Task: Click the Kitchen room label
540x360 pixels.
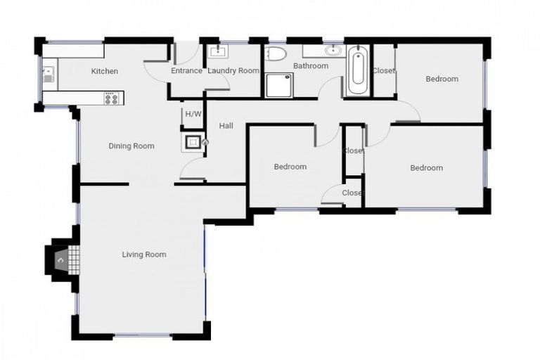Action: tap(104, 71)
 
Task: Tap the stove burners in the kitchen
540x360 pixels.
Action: tap(111, 98)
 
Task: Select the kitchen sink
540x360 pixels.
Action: tap(48, 73)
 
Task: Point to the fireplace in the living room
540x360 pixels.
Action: tap(62, 260)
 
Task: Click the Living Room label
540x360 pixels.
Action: tap(144, 255)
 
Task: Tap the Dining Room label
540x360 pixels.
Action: tap(131, 146)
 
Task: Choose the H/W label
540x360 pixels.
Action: tap(193, 114)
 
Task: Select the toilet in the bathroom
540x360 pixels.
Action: tap(276, 55)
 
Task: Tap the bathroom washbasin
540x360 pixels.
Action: tap(333, 51)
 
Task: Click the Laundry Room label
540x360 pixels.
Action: tap(233, 71)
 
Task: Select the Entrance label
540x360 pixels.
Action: tap(186, 71)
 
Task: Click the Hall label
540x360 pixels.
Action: tap(226, 126)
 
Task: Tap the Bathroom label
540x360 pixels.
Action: tap(311, 66)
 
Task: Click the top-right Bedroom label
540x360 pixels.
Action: tap(442, 79)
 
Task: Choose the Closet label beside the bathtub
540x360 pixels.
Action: tap(383, 71)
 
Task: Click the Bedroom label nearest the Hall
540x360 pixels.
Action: tap(290, 167)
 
